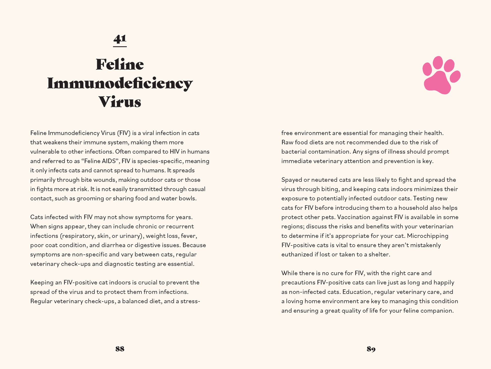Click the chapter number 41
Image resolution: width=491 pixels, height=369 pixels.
[120, 39]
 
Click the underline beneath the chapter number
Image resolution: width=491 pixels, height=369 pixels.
[120, 47]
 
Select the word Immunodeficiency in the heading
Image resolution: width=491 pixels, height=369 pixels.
[120, 83]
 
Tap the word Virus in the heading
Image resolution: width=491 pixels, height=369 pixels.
[120, 102]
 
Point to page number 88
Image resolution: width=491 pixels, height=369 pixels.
[120, 349]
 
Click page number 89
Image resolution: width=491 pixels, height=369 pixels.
[371, 349]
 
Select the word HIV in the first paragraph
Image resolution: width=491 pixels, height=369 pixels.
[175, 152]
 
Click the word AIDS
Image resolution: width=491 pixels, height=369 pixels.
[108, 161]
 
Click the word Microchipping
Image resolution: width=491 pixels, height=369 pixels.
[428, 236]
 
